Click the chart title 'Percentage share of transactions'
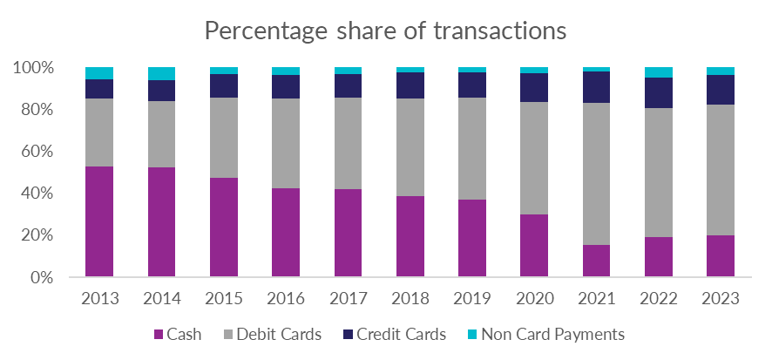[x=385, y=31]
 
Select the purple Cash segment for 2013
[x=99, y=221]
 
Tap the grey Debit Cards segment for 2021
[x=596, y=173]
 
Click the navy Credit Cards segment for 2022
[x=659, y=93]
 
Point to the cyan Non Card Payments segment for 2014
[x=161, y=73]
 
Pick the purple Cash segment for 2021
[x=596, y=261]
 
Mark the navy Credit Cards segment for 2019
[x=472, y=85]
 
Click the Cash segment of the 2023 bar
[x=721, y=256]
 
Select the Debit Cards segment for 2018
[x=410, y=147]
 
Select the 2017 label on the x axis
[x=348, y=299]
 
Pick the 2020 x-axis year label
[x=534, y=299]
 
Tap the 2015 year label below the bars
[x=223, y=299]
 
